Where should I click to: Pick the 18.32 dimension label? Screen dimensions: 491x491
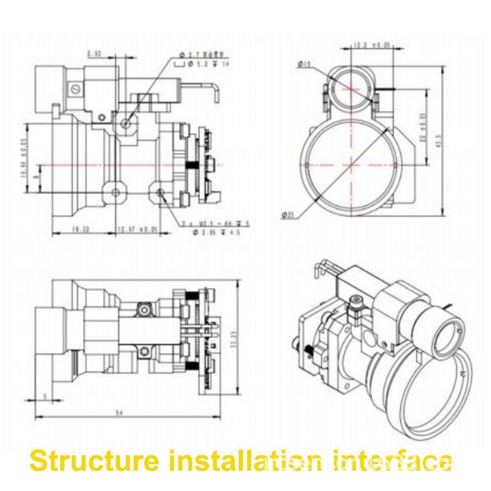tap(82, 228)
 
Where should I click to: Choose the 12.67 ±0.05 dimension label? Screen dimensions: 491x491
tap(136, 228)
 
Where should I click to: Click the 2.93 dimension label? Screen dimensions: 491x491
tap(94, 54)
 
